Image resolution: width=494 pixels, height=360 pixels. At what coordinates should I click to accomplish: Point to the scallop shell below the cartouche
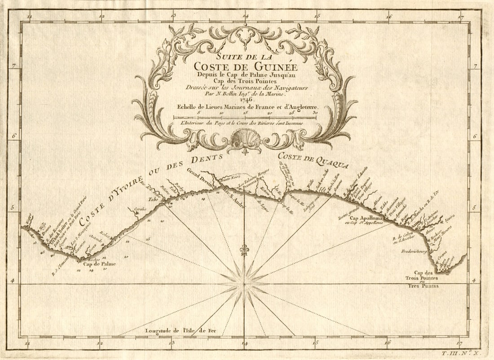click(x=245, y=136)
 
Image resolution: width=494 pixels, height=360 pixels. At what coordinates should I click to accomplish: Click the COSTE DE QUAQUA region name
click(x=313, y=160)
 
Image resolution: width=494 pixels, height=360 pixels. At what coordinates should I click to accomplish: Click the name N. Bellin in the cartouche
click(x=229, y=94)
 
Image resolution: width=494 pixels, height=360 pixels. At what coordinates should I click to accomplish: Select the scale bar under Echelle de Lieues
click(x=244, y=118)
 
